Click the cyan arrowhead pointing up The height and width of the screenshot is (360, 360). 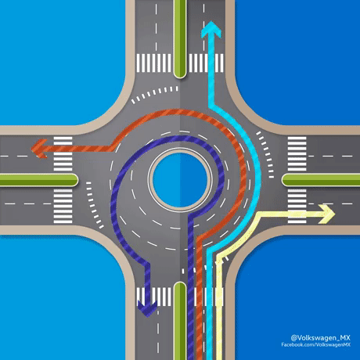(211, 29)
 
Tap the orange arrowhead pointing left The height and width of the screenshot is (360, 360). (39, 149)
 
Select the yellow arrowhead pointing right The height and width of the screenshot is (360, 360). (326, 214)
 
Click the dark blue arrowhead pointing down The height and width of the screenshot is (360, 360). (147, 308)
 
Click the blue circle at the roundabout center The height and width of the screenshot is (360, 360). (180, 180)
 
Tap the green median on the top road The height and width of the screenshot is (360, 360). (180, 38)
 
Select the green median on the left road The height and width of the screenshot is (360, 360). (38, 180)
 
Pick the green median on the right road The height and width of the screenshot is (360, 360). (321, 180)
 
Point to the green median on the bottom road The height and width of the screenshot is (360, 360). (180, 321)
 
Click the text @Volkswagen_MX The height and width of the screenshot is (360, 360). (320, 338)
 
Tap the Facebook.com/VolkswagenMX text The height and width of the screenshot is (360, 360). (315, 344)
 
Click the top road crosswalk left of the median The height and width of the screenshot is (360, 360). (154, 63)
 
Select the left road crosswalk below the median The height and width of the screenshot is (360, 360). (63, 207)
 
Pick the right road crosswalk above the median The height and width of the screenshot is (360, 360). (297, 153)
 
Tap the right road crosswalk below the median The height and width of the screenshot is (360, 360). (297, 207)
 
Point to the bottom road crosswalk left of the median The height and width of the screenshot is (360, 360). (154, 297)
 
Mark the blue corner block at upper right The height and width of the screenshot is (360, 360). (298, 61)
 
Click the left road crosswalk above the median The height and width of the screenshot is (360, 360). (63, 153)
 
